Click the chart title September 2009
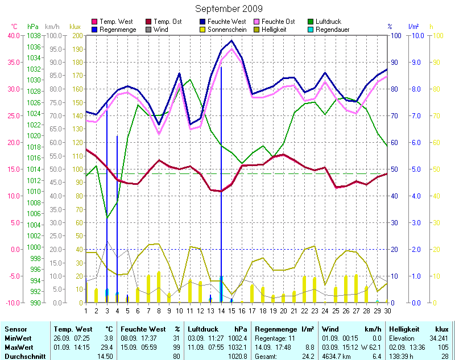pyautogui.click(x=229, y=9)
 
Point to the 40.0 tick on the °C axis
pyautogui.click(x=13, y=36)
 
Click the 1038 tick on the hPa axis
pyautogui.click(x=34, y=36)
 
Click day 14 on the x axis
pyautogui.click(x=221, y=310)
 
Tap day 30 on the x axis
pyautogui.click(x=387, y=310)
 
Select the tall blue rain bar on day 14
pyautogui.click(x=221, y=171)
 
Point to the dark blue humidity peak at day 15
pyautogui.click(x=231, y=41)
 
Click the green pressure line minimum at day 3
pyautogui.click(x=107, y=217)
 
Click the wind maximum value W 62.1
pyautogui.click(x=369, y=347)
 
